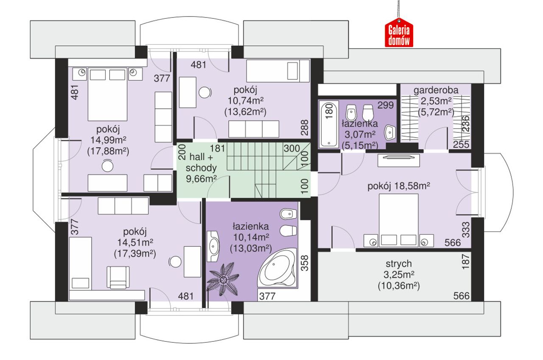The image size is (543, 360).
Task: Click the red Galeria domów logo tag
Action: click(399, 33)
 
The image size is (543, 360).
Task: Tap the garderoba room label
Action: click(436, 90)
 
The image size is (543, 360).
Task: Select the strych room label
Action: click(398, 264)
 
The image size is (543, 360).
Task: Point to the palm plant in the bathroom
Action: click(223, 279)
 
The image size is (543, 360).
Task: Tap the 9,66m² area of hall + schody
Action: click(201, 179)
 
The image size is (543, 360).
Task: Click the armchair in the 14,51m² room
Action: click(118, 277)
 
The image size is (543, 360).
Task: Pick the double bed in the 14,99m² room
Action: click(107, 94)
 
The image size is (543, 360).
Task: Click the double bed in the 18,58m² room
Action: click(398, 220)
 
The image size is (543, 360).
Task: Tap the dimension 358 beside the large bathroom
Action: click(305, 263)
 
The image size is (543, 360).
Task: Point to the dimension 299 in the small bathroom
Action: click(386, 105)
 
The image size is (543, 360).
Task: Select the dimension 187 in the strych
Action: click(466, 262)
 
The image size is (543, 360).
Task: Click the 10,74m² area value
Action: click(246, 100)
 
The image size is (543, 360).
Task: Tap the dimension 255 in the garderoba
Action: click(461, 144)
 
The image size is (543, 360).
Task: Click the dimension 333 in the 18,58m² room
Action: click(466, 230)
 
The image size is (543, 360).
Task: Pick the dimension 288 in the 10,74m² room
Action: click(305, 127)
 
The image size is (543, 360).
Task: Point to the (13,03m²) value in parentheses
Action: click(251, 248)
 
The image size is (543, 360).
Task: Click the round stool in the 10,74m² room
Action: click(205, 93)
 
